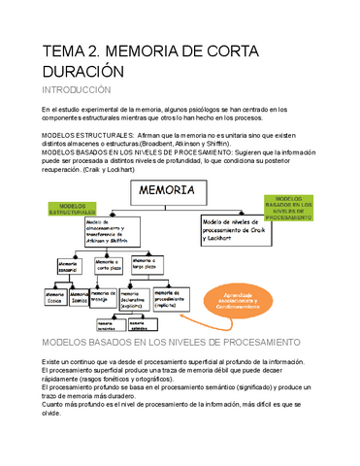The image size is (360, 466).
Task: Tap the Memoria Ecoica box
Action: point(51,297)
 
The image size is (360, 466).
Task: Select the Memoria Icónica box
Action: point(80,297)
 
